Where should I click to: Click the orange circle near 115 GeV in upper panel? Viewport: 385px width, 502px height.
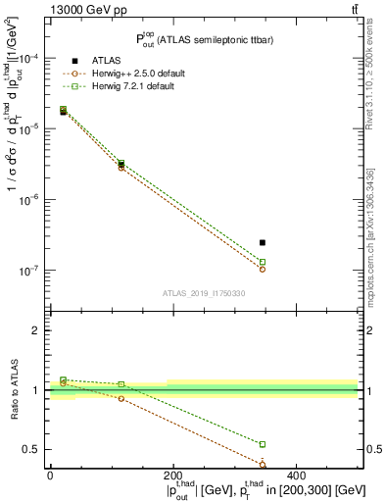pos(120,168)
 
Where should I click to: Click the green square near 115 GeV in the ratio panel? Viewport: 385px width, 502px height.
pos(120,384)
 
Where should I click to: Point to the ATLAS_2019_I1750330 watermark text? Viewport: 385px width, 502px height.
pos(204,293)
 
